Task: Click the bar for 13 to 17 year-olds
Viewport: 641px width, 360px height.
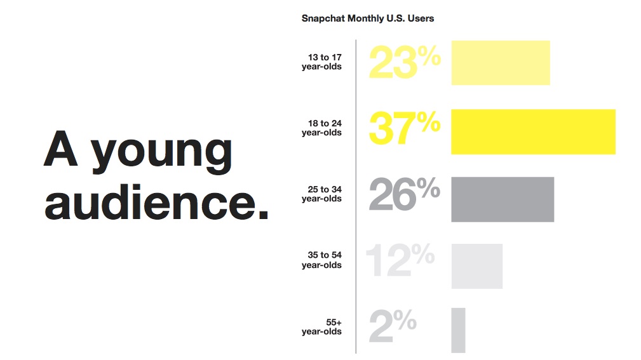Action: pos(501,62)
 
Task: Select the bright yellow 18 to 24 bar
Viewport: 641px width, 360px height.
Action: pos(533,131)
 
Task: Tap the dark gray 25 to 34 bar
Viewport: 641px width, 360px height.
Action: pos(503,199)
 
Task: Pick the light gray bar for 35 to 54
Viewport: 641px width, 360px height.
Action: pos(476,266)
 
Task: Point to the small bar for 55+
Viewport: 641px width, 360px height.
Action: pos(458,330)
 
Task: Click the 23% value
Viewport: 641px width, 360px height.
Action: pos(405,62)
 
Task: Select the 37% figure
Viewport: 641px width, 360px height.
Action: pos(405,128)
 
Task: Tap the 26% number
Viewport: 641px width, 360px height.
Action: pos(405,194)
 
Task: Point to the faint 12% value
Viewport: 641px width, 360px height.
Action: pos(400,260)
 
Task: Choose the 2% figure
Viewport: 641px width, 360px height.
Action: pos(393,325)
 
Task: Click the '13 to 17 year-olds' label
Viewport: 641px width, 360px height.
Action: pos(321,62)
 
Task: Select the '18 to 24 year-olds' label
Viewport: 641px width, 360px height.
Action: pos(321,128)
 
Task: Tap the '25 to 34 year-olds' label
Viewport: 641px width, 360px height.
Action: pos(321,194)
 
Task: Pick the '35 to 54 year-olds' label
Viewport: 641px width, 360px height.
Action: pos(321,260)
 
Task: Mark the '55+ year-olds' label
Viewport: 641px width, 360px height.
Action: pos(321,327)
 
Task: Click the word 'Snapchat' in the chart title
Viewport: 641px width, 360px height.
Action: pos(323,18)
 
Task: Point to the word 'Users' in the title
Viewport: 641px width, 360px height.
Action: pos(421,18)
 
